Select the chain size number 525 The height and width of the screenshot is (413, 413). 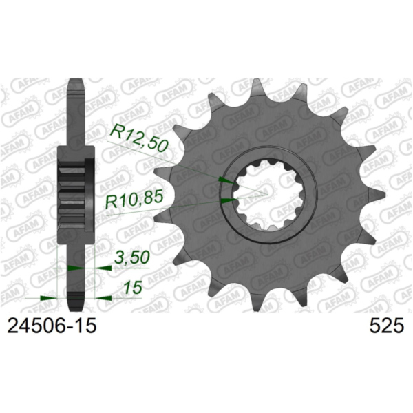[x=385, y=326]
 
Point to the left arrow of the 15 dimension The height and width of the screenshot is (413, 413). [x=48, y=298]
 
